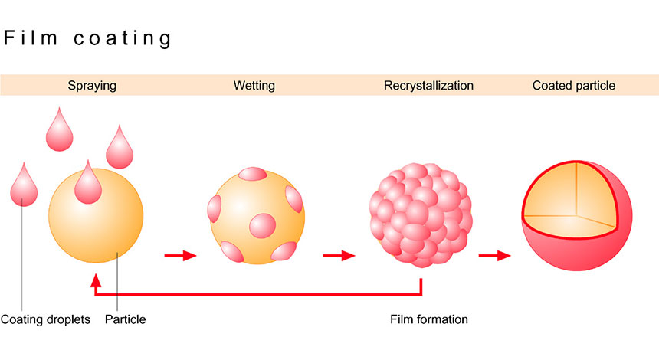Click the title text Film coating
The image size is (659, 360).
tap(87, 38)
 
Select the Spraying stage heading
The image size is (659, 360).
tap(92, 86)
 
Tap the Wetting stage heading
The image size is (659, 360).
tap(254, 86)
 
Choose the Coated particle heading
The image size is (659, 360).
tap(574, 86)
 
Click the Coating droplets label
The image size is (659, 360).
tap(45, 319)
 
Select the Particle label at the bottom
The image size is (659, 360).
tap(125, 319)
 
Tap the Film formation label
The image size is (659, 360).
tap(428, 319)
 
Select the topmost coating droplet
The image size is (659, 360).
tap(59, 132)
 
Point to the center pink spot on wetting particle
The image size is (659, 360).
tap(261, 224)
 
